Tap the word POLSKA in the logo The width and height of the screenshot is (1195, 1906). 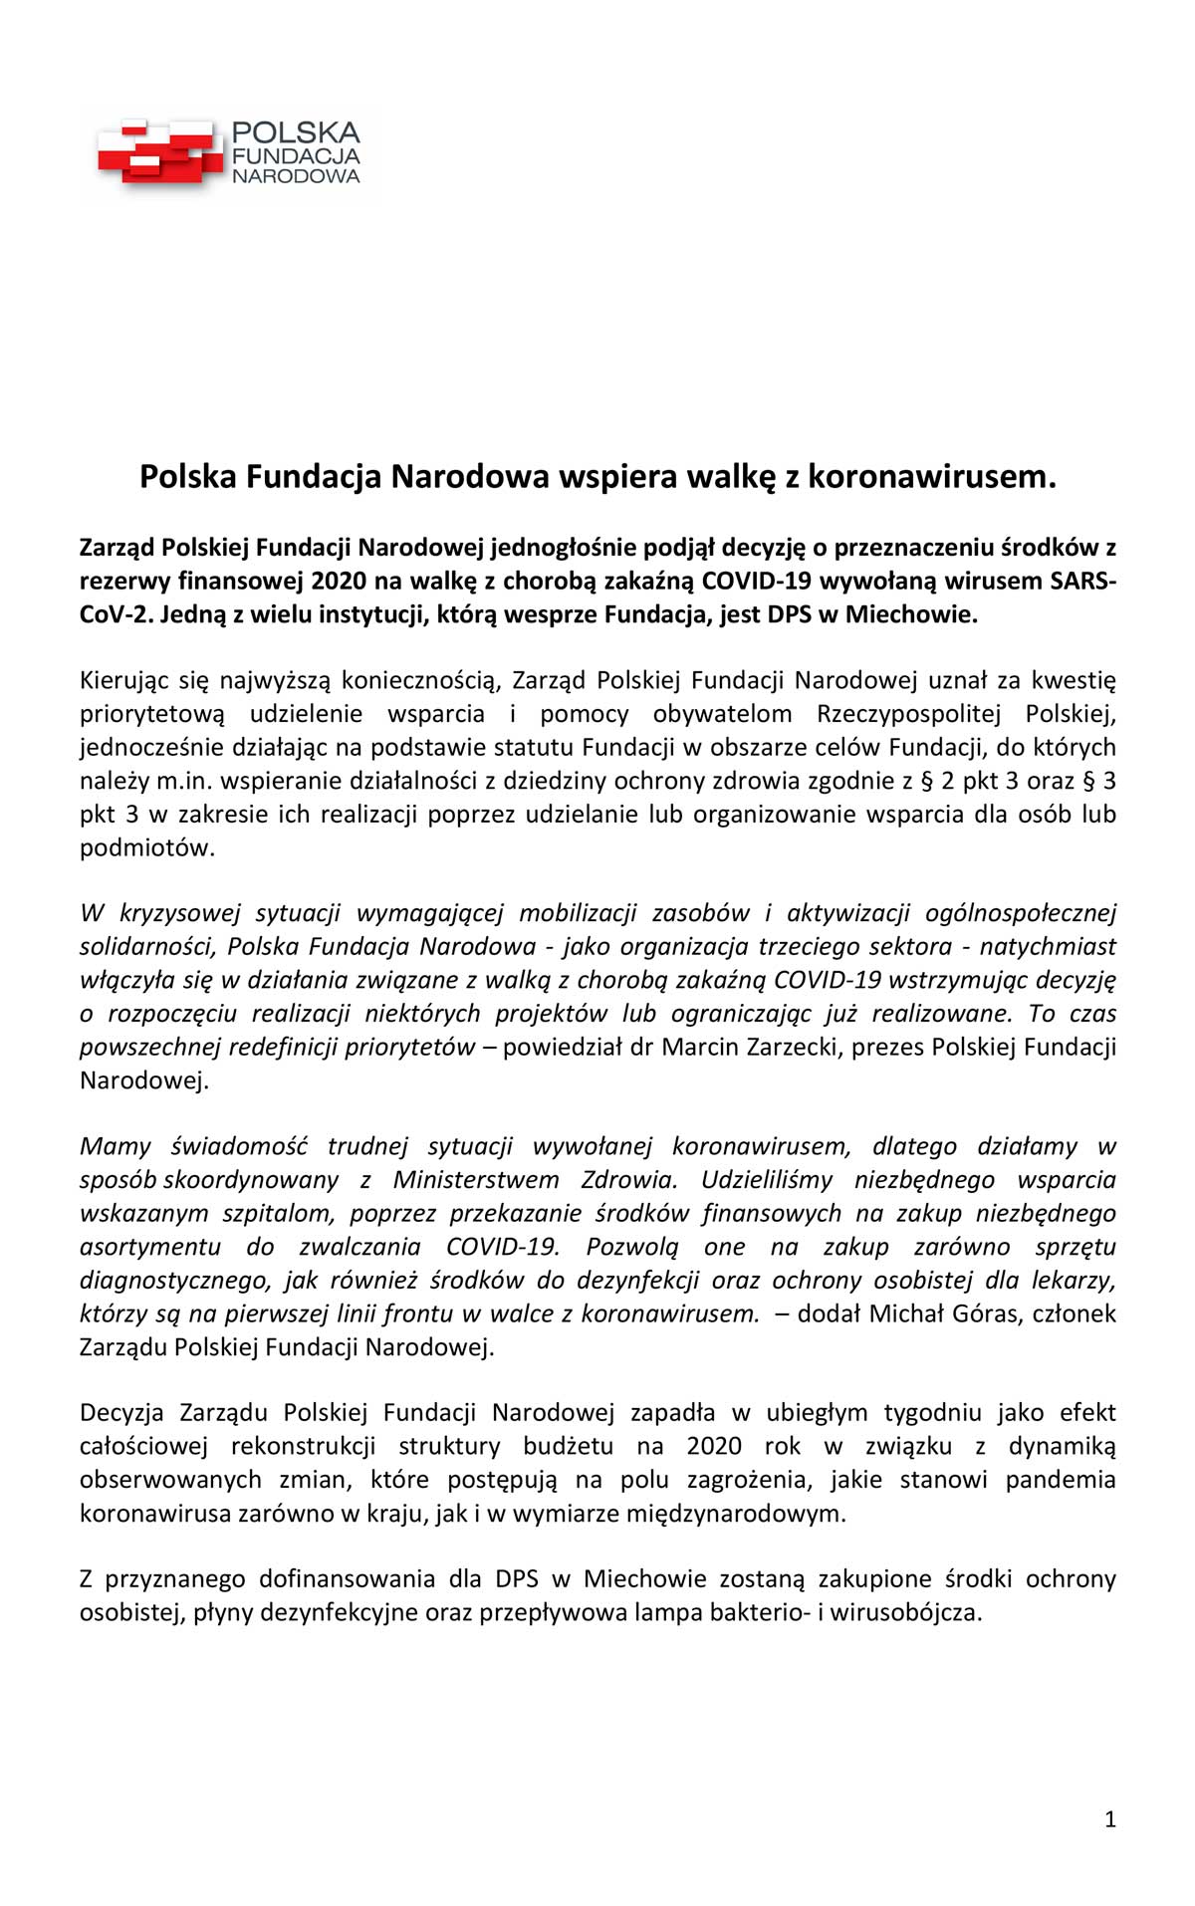pos(296,132)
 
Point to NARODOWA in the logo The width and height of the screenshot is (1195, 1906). pos(296,177)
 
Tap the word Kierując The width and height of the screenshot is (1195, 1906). pos(125,680)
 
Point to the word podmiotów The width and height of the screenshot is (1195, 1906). pos(146,847)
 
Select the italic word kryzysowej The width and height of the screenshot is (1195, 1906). pos(180,913)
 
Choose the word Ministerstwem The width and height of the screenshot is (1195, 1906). pos(476,1180)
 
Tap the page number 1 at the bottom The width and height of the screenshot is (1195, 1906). pos(1110,1819)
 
